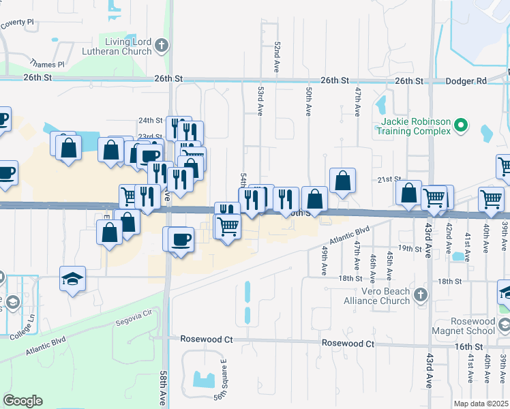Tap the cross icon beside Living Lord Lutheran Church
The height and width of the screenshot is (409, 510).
point(161,46)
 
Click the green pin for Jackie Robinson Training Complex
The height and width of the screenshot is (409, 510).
point(460,125)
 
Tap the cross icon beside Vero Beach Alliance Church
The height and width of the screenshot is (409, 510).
point(421,295)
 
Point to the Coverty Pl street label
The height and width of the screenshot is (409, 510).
point(17,22)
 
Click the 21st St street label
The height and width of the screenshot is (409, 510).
point(389,179)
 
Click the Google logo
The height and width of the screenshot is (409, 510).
point(22,401)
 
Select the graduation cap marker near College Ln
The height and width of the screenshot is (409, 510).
point(72,279)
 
